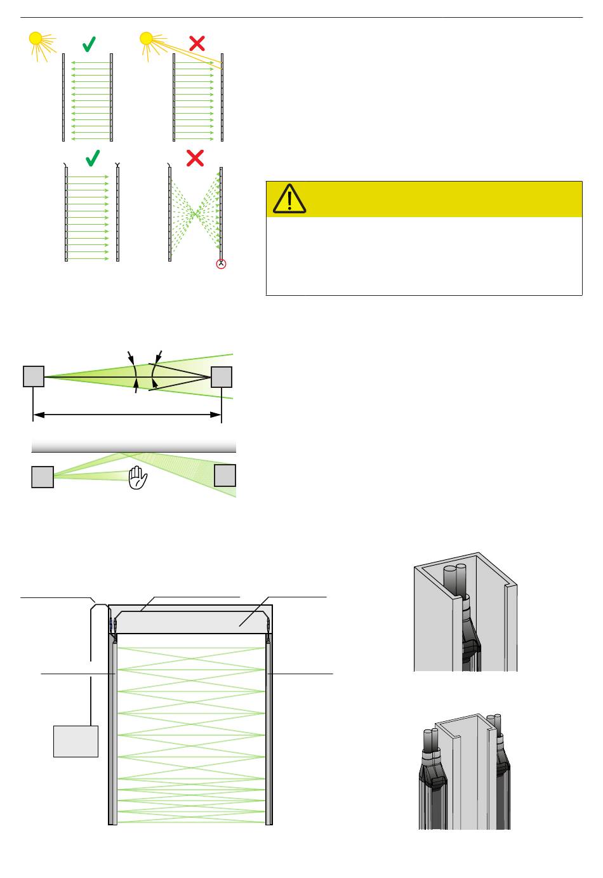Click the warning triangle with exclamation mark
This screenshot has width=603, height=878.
[289, 198]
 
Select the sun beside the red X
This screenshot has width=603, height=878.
[147, 39]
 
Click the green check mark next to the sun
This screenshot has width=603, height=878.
[89, 44]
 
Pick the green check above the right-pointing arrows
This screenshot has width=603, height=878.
[93, 157]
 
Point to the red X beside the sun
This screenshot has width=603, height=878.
[197, 43]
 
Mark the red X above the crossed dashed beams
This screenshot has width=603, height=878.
[195, 158]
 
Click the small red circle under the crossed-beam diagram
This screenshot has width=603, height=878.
[221, 264]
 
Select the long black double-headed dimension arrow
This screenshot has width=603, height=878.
[127, 415]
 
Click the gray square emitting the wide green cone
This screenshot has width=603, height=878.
[34, 376]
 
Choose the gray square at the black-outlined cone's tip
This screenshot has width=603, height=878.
[222, 377]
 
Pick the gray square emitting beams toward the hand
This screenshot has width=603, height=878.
[43, 477]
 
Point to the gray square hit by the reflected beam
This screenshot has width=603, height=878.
[225, 476]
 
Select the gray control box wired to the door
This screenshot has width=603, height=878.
[76, 741]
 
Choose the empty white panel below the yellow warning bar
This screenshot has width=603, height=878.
[424, 256]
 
